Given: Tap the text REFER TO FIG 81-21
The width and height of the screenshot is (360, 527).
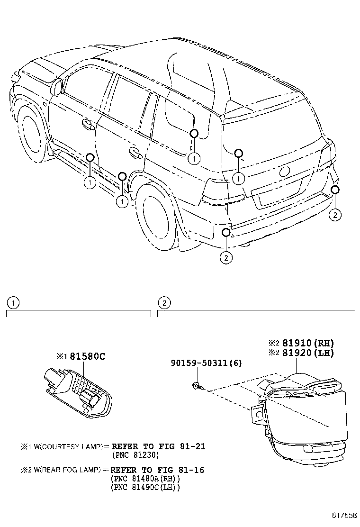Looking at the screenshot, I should (x=158, y=446).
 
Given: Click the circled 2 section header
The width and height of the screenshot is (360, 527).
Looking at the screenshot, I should (x=163, y=302).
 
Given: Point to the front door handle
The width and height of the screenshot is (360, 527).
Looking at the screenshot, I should (x=87, y=124).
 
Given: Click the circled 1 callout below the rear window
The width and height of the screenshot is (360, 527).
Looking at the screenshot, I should (x=239, y=178).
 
